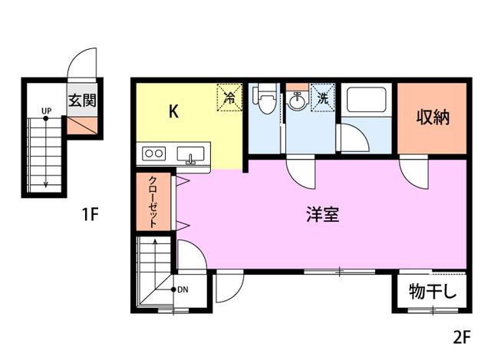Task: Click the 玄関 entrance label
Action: [81, 101]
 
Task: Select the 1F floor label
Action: [90, 214]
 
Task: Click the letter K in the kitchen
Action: [174, 111]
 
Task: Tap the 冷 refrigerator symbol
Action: [229, 97]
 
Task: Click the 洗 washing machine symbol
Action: [323, 98]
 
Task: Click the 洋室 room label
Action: [322, 214]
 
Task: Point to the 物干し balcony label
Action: [433, 292]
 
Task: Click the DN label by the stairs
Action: [183, 289]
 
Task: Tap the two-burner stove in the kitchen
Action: [153, 154]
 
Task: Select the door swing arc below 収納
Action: [412, 173]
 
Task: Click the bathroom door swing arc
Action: [354, 140]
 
